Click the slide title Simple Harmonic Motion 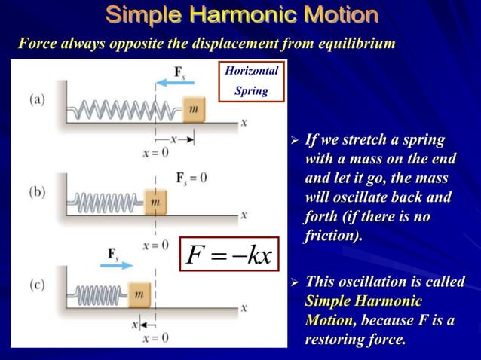[241, 15]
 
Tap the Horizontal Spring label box [252, 81]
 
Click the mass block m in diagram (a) [194, 110]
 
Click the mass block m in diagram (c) [138, 295]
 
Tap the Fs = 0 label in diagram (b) [191, 178]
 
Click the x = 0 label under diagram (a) [155, 153]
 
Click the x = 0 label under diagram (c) [155, 337]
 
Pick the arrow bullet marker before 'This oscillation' [295, 283]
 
